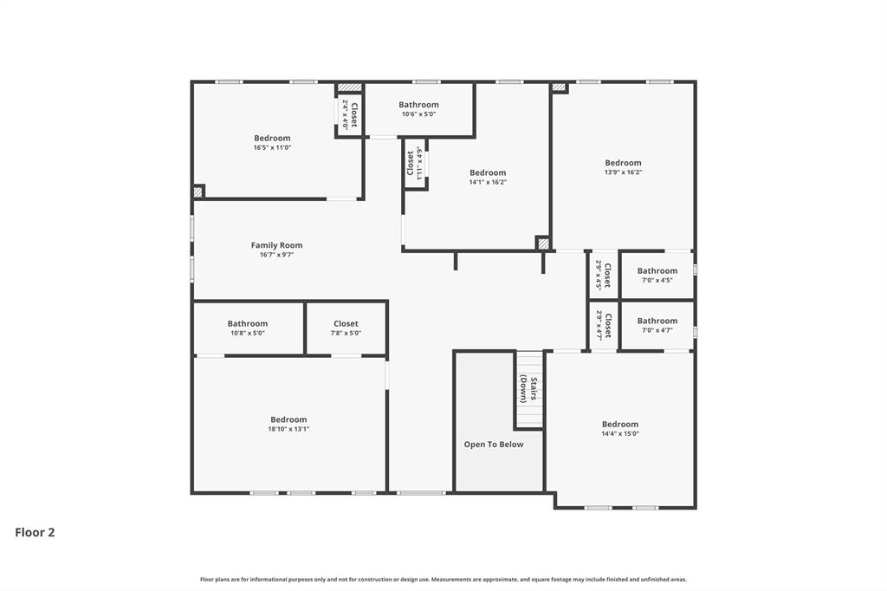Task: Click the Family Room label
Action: pyautogui.click(x=276, y=245)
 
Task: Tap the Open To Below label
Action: pyautogui.click(x=494, y=445)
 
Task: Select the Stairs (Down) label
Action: pyautogui.click(x=529, y=390)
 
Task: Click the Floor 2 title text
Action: pyautogui.click(x=35, y=533)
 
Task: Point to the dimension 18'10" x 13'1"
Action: pyautogui.click(x=288, y=429)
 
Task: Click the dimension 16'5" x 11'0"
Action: pyautogui.click(x=272, y=147)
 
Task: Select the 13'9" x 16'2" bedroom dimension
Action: pyautogui.click(x=623, y=172)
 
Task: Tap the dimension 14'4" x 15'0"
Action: pyautogui.click(x=620, y=434)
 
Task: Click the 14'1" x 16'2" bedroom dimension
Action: pyautogui.click(x=488, y=182)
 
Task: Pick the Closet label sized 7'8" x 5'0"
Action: pyautogui.click(x=346, y=324)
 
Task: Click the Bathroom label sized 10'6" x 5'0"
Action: pyautogui.click(x=418, y=105)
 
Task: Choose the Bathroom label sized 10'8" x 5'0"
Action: pyautogui.click(x=248, y=324)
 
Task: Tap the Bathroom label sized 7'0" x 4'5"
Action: pyautogui.click(x=657, y=271)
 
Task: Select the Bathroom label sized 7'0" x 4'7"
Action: pyautogui.click(x=657, y=321)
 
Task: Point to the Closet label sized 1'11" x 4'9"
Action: pyautogui.click(x=411, y=164)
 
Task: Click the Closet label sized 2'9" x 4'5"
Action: pyautogui.click(x=608, y=275)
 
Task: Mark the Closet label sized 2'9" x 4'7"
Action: pyautogui.click(x=608, y=326)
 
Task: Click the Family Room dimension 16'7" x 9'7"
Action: pyautogui.click(x=276, y=255)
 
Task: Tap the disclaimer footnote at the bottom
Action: pyautogui.click(x=443, y=579)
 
